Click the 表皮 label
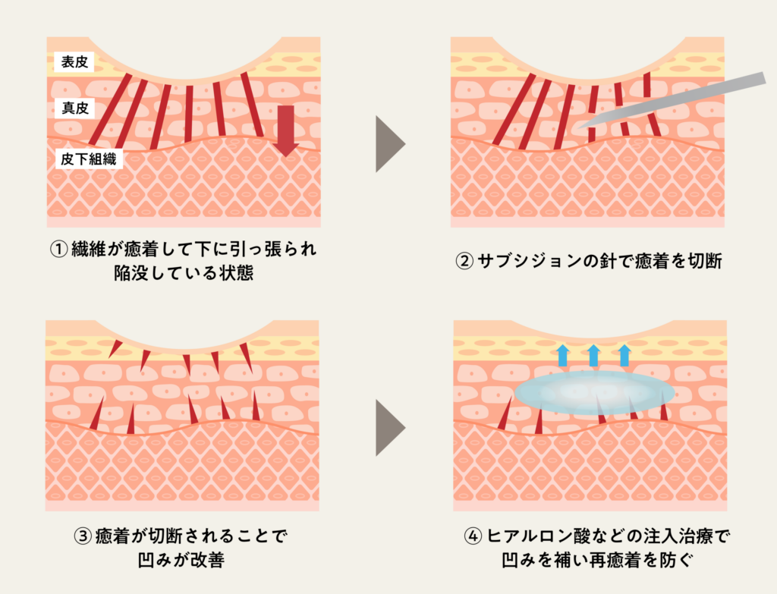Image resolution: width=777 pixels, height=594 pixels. pos(74,62)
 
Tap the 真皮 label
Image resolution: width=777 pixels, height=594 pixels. pos(75,108)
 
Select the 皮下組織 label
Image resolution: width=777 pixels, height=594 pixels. pos(89,159)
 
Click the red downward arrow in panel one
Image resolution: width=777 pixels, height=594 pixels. pos(285,130)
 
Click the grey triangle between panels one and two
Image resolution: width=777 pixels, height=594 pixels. pos(389,143)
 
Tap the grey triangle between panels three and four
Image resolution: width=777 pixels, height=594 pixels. pos(389,428)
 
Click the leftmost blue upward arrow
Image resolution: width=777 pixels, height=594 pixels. pos(562,355)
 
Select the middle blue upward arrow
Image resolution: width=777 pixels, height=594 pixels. pos(593,355)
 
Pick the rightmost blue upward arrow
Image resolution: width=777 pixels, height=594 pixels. pos(624,355)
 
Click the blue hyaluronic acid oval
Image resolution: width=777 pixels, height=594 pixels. pos(595,392)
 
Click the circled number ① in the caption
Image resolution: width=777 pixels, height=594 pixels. pos(59,249)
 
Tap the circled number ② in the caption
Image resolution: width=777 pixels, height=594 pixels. pos(464,261)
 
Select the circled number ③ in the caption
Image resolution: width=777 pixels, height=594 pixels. pos(83,536)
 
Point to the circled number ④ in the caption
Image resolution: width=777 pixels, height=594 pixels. pos(473,536)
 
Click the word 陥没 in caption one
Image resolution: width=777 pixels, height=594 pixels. pos(131,273)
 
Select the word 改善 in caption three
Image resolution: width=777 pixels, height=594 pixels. pos(207,561)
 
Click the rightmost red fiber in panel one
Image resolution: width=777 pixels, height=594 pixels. pos(252,104)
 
